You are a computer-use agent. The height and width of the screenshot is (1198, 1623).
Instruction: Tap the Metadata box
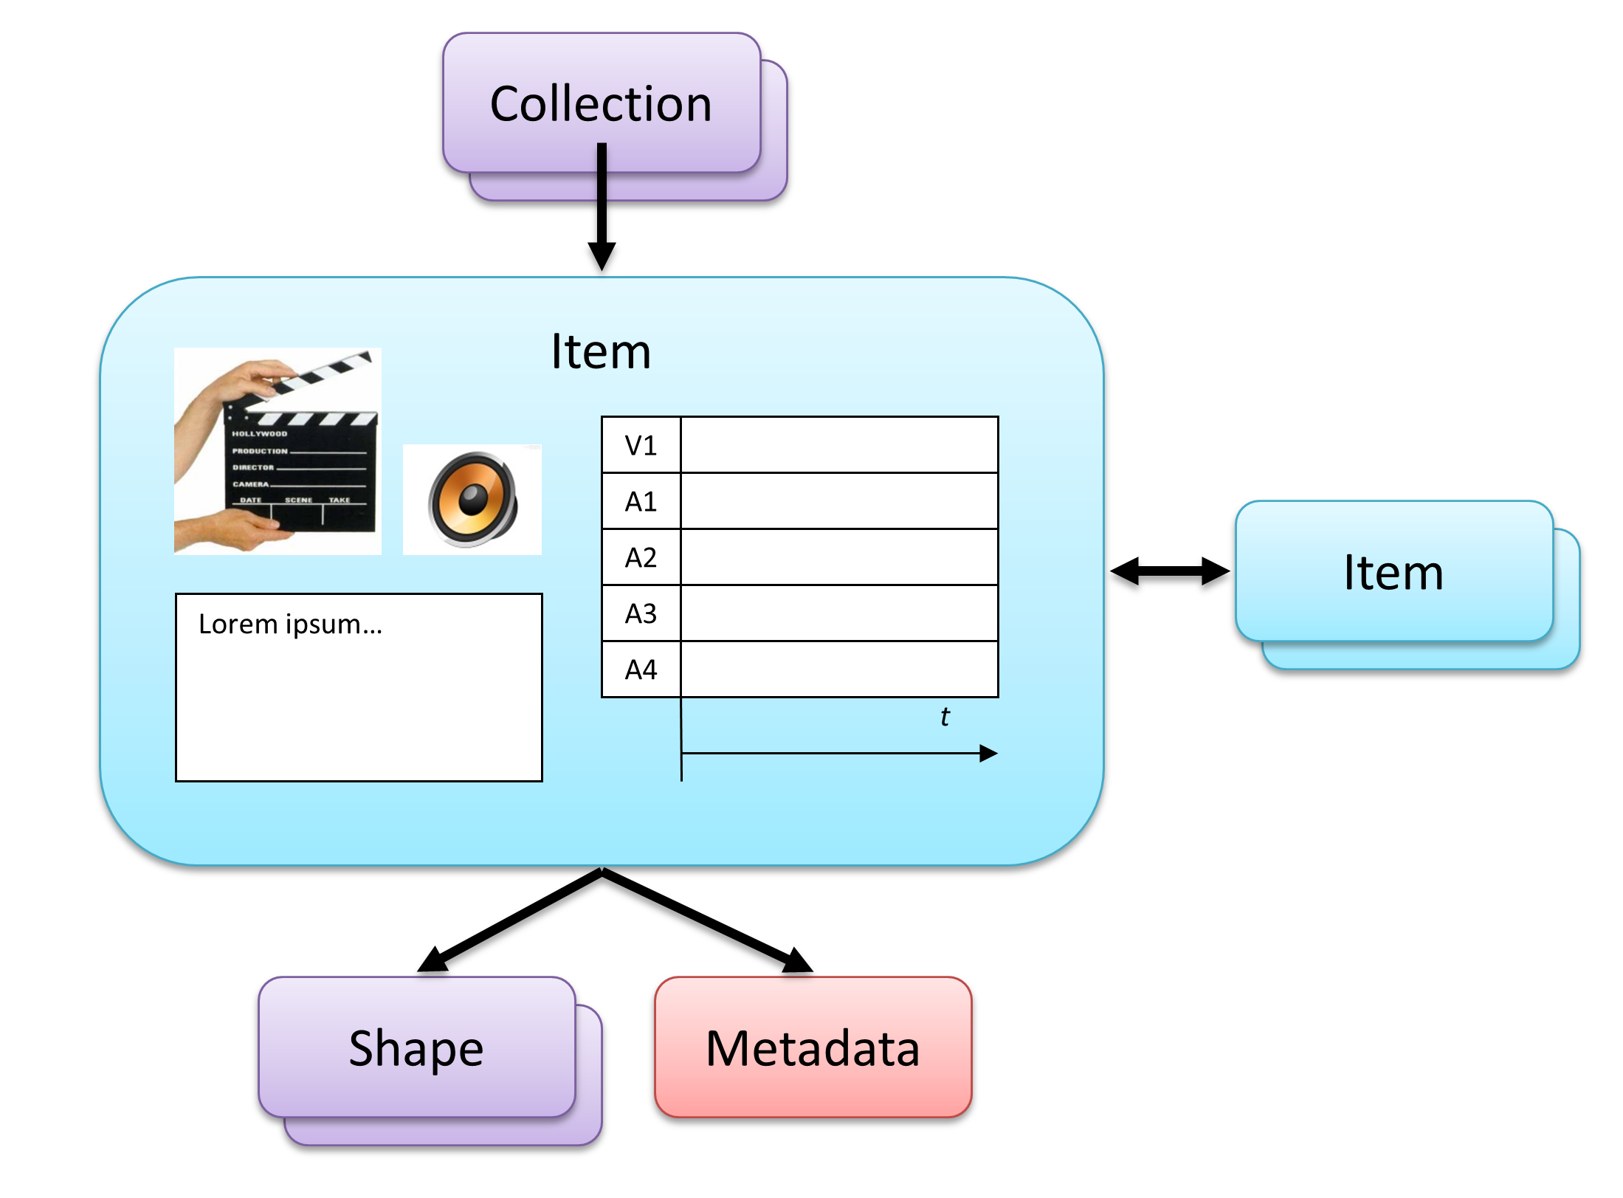813,1047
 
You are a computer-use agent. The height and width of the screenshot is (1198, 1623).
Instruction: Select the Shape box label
416,1048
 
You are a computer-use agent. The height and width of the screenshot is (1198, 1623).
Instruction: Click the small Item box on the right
1393,572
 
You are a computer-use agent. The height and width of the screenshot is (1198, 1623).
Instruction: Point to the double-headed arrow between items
1170,571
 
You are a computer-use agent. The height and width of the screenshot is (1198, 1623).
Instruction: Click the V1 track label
641,445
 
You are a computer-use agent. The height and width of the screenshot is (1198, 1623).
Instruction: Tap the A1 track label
641,502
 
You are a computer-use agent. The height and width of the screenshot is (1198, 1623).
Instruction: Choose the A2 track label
641,558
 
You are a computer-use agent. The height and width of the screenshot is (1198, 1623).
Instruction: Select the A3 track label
641,614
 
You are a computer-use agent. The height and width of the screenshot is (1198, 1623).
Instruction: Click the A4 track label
641,670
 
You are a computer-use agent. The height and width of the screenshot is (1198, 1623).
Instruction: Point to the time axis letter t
945,717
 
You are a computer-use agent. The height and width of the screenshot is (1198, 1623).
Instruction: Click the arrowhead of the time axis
989,754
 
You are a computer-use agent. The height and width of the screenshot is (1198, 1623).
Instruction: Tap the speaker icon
472,500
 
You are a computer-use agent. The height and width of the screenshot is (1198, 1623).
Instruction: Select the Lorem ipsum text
290,624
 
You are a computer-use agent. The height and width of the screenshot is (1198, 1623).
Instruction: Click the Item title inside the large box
601,351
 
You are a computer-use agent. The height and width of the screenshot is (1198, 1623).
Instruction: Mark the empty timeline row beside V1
839,445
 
